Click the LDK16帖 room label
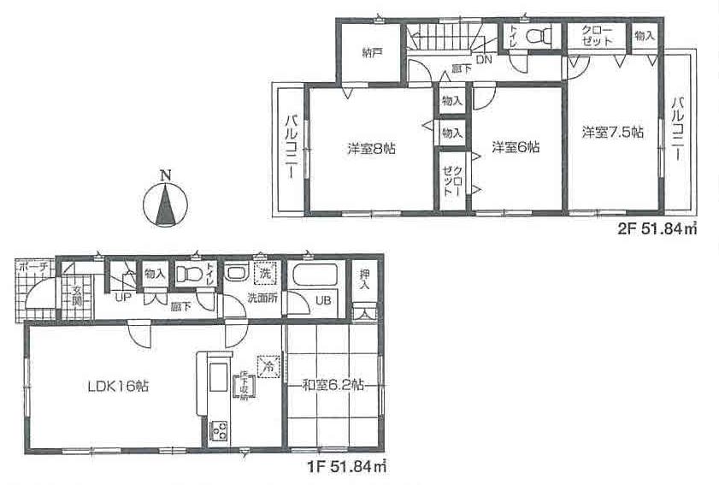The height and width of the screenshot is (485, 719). point(119,387)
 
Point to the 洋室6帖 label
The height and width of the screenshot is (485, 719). point(515,147)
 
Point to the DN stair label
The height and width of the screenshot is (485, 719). point(483,59)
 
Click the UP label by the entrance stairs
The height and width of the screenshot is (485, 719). point(122,296)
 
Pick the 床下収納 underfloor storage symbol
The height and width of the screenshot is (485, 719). point(245,387)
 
